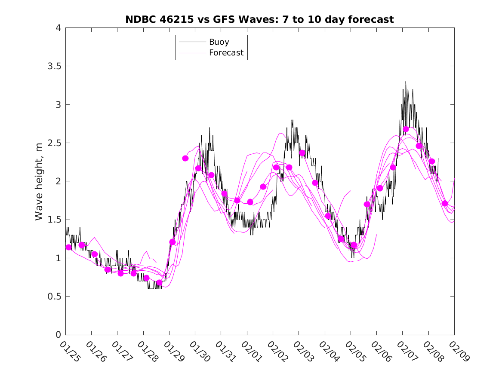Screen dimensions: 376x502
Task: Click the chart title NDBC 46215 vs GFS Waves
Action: pos(259,19)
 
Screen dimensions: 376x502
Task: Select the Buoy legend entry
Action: pos(219,42)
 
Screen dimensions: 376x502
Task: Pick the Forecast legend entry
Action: pos(226,53)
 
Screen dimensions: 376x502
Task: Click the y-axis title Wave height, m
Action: pos(39,181)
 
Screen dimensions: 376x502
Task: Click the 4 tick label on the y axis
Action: pos(58,28)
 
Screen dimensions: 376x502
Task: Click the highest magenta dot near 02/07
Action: pos(406,129)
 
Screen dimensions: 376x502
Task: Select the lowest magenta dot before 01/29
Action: pos(159,283)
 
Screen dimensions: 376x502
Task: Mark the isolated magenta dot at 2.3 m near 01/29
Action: pos(185,158)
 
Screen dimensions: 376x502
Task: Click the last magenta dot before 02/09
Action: pos(445,203)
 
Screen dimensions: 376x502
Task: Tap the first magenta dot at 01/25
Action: pos(69,247)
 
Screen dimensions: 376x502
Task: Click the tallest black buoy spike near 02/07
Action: pos(405,82)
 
